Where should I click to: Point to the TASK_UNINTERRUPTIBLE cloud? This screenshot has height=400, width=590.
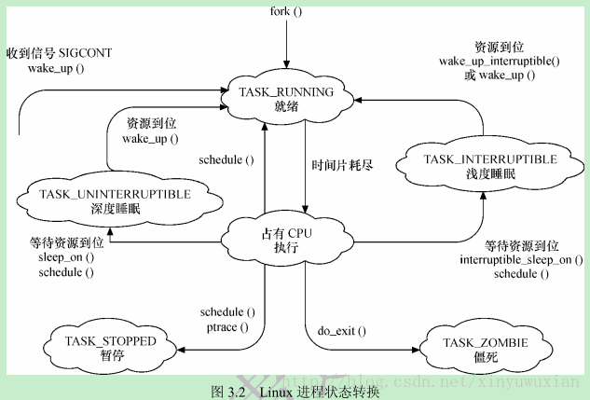coord(117,200)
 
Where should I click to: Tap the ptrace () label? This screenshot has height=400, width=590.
coord(227,326)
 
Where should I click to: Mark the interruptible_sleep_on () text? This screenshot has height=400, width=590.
coord(509,260)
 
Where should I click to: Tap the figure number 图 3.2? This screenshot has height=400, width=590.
coord(229,391)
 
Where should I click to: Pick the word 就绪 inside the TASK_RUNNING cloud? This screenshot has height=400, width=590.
coord(285,106)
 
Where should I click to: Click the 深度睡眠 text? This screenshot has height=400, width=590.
coord(117,208)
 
